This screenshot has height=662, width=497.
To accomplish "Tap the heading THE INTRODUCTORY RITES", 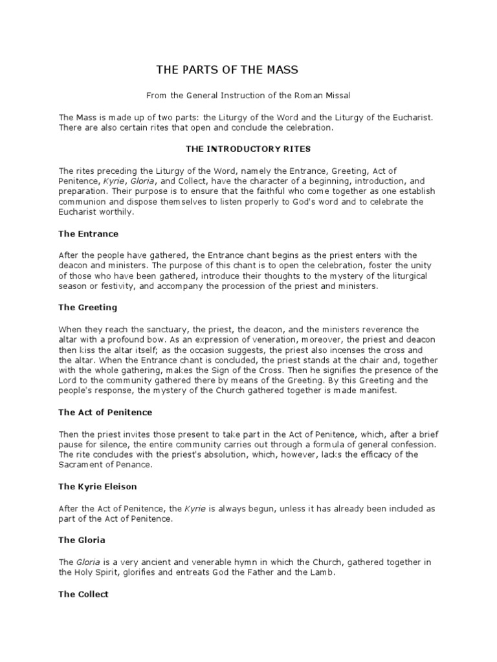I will [248, 149].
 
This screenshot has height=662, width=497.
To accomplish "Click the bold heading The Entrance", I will [88, 233].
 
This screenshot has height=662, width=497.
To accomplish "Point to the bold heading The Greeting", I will [87, 308].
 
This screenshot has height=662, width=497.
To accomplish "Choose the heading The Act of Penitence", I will [105, 412].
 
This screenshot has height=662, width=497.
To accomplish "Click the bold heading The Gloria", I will [83, 540].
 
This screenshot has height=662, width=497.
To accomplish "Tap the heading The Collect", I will [83, 594].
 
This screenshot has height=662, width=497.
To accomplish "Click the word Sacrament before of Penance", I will [82, 465].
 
